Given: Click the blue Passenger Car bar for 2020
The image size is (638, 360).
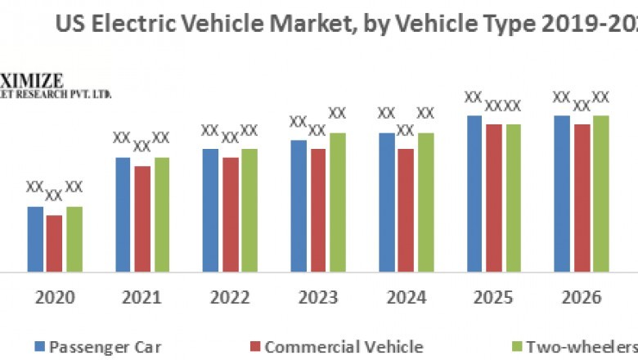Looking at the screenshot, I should coord(34,239).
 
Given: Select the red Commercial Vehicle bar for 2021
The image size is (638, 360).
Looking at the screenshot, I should coord(142,218).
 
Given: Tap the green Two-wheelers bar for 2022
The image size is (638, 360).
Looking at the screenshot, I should coord(249,210).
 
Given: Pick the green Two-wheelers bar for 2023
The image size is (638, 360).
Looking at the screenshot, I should coord(337,202).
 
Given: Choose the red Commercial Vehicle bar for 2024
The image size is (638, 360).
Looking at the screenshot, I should coord(405,210).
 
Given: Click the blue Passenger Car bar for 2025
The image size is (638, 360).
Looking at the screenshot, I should coord(474,193).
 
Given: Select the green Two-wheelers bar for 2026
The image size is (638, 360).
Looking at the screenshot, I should coord(601,193).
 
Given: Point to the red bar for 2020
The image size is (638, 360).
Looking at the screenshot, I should coord(54,243).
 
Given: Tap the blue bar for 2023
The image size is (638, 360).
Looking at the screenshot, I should coord(299,205).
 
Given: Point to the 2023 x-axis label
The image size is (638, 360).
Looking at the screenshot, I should coord(317,297).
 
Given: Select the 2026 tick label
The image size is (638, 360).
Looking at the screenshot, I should coord(582,297).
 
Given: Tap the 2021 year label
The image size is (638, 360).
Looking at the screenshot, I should coord(142,297).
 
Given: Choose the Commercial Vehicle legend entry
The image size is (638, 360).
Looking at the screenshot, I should coord(344,345).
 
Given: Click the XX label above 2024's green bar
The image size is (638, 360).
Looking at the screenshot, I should coord(426,113).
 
